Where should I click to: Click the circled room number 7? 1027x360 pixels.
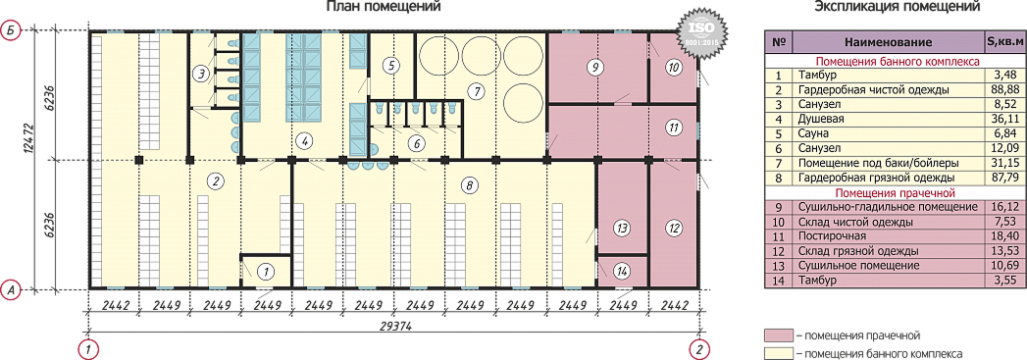[x=478, y=88]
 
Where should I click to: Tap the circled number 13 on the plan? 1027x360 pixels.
[x=621, y=228]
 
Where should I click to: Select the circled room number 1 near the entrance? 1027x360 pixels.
[x=266, y=269]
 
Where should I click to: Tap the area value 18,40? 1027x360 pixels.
[x=1000, y=235]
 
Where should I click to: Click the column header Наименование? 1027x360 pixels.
[x=888, y=42]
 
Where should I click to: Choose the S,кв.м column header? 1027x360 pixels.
[x=1000, y=42]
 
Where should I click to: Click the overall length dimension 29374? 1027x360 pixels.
[x=392, y=328]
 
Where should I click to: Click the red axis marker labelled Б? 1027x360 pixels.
[x=11, y=30]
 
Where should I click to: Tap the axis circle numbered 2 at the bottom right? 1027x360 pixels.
[x=700, y=348]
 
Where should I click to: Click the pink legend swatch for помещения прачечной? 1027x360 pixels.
[x=779, y=335]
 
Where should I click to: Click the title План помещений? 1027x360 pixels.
[x=384, y=7]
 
